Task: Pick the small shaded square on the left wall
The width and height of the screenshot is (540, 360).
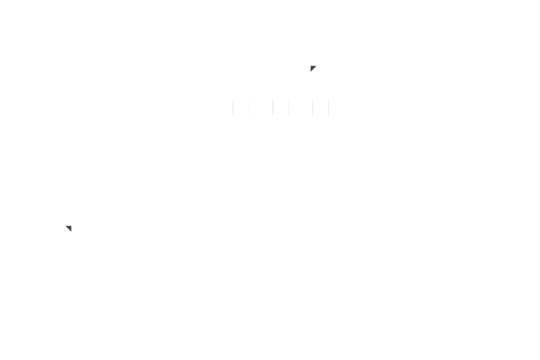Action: (69, 229)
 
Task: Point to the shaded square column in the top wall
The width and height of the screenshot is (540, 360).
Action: (313, 69)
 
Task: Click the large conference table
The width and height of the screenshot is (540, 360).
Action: (425, 140)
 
